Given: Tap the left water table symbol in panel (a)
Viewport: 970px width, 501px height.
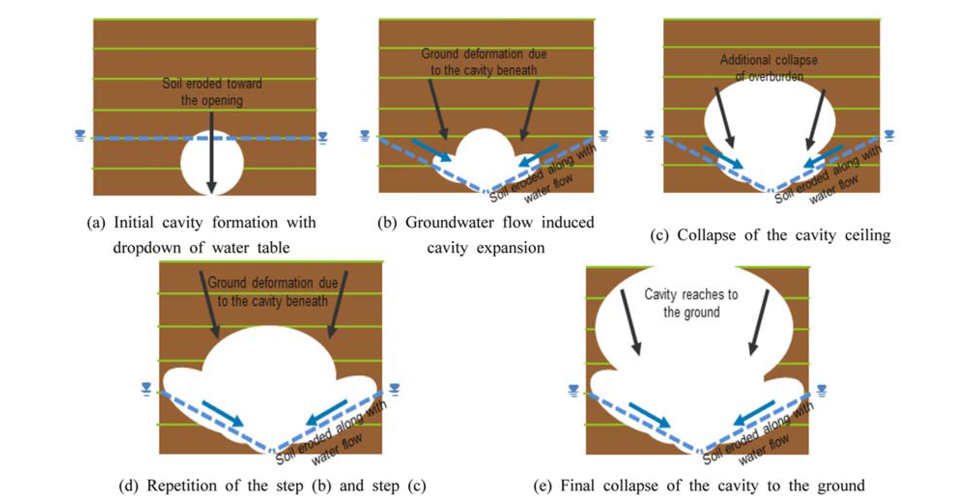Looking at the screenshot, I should [80, 136].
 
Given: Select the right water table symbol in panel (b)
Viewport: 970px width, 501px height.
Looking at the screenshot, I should [603, 135].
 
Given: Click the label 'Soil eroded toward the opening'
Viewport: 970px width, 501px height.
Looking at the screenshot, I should [212, 92].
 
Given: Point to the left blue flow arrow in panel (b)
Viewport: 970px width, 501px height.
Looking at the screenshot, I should [431, 150].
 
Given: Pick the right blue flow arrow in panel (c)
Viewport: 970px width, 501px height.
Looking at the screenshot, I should [824, 156].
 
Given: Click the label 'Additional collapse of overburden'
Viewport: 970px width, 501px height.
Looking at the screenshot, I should [769, 68].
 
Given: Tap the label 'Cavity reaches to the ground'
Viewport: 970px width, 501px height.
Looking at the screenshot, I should [691, 303].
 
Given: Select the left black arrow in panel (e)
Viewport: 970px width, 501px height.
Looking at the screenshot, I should [631, 322].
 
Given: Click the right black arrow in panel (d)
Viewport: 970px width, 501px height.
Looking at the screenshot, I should [338, 304].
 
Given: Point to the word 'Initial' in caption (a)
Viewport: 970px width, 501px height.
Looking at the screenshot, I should [133, 223].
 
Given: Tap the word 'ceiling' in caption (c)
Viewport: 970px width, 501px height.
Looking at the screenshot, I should [868, 235].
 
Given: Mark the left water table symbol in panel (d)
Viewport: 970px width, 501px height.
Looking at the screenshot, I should [146, 389].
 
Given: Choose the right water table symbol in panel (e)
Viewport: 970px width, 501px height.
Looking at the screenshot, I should [822, 390].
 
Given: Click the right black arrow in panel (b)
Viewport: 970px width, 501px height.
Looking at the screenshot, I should [530, 110].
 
